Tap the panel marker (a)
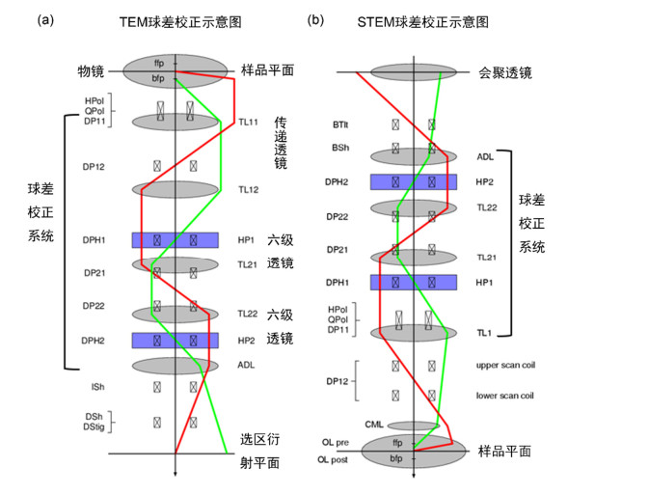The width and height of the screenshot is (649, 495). coord(45,20)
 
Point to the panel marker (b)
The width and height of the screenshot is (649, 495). coord(315,19)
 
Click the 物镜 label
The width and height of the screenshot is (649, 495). coord(91,71)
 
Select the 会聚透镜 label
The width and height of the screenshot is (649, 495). coord(505,72)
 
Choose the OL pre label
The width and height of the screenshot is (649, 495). coord(338,441)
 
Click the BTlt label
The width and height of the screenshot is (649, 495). coord(340,124)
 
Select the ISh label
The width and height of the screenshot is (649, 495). coord(97,386)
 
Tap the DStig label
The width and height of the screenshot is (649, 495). coord(95,426)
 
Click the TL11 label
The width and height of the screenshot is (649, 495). coord(248,123)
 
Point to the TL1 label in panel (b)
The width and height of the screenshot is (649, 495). coord(483,332)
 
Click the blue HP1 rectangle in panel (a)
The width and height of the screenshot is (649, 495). coord(175,240)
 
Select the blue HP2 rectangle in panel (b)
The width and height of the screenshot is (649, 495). coord(413,181)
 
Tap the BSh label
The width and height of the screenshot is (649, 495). coord(340,149)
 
